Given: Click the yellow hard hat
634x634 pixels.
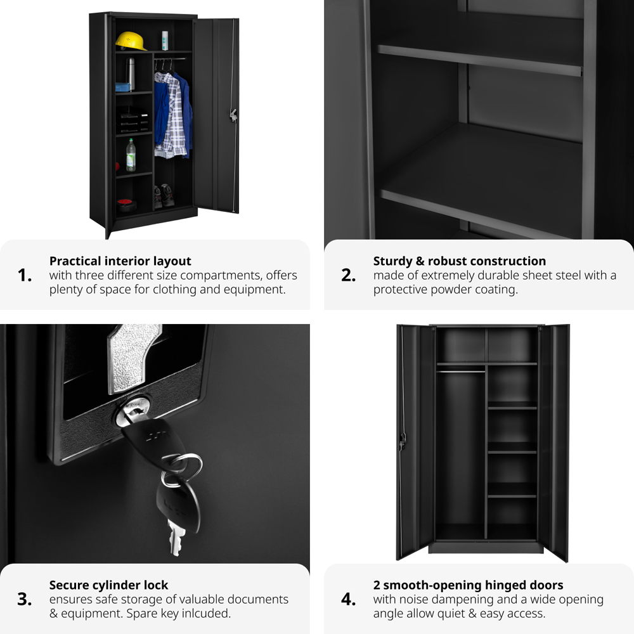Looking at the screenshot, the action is pyautogui.click(x=131, y=41).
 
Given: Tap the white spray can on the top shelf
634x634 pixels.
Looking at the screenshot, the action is pyautogui.click(x=165, y=41).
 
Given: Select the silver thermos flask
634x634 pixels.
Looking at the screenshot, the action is pyautogui.click(x=130, y=74).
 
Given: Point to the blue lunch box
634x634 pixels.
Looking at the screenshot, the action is pyautogui.click(x=123, y=87).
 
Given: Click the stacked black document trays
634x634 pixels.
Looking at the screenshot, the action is pyautogui.click(x=133, y=120).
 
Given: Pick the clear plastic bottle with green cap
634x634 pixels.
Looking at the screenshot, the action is pyautogui.click(x=131, y=155).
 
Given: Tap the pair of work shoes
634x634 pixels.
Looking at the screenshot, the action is pyautogui.click(x=164, y=196).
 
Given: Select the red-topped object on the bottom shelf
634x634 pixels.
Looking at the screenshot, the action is pyautogui.click(x=127, y=205).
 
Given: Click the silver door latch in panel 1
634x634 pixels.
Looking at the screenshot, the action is pyautogui.click(x=233, y=115).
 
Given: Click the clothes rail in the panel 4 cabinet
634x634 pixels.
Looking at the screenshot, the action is pyautogui.click(x=461, y=371).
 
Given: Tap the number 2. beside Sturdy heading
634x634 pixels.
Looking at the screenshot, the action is pyautogui.click(x=348, y=275).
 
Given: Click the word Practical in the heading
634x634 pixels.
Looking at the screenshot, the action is pyautogui.click(x=74, y=261).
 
